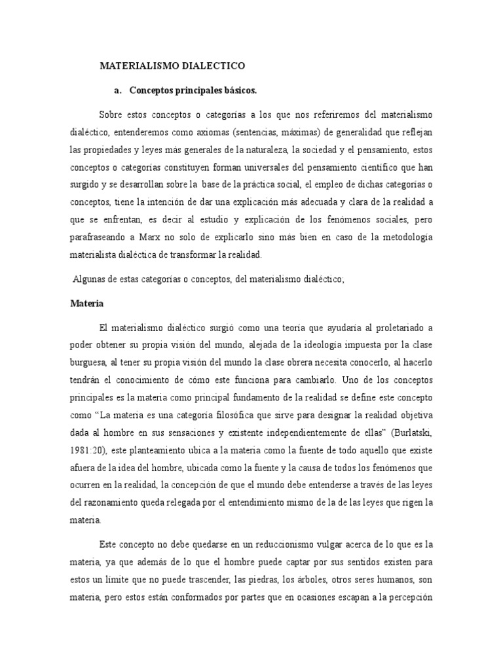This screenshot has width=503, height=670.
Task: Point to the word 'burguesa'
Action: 87,361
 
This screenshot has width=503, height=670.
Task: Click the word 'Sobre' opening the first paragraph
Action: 112,116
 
